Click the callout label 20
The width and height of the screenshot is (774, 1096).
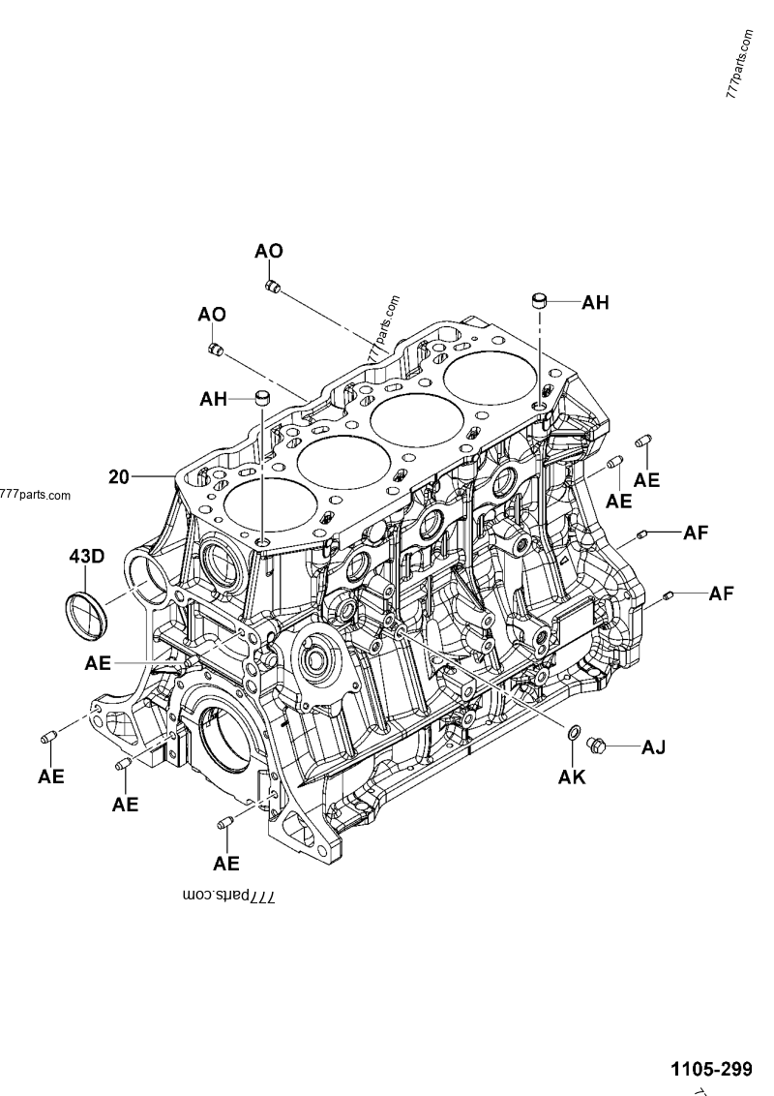click(118, 476)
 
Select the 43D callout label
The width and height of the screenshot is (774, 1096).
click(86, 557)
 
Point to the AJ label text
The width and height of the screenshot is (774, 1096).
click(653, 746)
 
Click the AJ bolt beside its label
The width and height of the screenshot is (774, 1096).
click(597, 746)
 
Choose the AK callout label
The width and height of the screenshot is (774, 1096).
click(573, 776)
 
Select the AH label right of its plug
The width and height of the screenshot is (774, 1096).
click(595, 303)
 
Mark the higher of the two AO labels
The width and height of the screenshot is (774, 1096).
click(269, 251)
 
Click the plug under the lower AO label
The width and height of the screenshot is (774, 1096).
click(217, 348)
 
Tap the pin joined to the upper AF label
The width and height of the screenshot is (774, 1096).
click(642, 533)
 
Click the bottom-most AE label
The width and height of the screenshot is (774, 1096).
click(226, 863)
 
